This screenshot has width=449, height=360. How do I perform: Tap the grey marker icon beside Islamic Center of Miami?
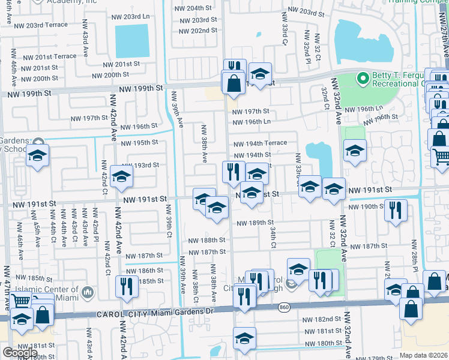(88, 292)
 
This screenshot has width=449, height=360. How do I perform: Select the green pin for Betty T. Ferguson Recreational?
(362, 78)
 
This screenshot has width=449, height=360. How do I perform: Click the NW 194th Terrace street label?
(260, 143)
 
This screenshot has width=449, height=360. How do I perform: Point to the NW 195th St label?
(139, 142)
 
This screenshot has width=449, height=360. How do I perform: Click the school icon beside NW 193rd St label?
(121, 176)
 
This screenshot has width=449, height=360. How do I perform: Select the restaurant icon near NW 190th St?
(395, 210)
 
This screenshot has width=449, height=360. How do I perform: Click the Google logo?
(19, 353)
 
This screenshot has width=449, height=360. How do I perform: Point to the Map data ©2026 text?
(424, 355)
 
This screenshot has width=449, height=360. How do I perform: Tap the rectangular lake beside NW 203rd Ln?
(131, 41)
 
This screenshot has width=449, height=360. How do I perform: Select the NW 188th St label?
(206, 240)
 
